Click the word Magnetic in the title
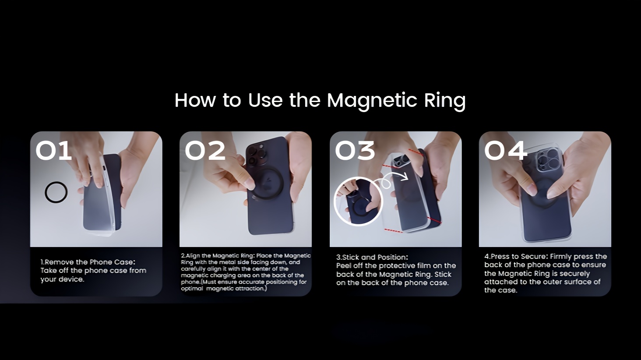point(371,101)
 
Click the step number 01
point(53,150)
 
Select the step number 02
point(205,150)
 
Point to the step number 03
point(355,150)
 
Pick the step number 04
point(506,150)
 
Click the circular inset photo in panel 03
point(358,201)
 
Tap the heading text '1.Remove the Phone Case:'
point(88,262)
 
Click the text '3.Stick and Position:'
point(372,257)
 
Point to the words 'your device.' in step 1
point(62,279)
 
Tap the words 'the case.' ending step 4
point(501,290)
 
